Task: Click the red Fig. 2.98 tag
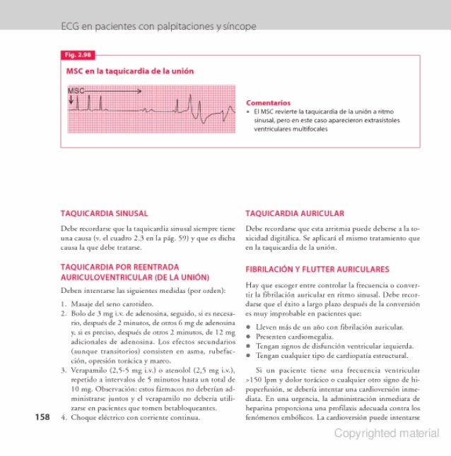click(x=78, y=55)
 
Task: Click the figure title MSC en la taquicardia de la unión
click(x=130, y=71)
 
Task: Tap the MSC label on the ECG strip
click(x=76, y=91)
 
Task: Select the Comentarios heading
click(x=268, y=102)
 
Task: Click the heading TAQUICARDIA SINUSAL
click(x=104, y=212)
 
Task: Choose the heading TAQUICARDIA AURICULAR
click(x=294, y=212)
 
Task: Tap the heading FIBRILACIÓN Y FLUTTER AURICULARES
click(x=317, y=269)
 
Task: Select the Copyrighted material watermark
click(x=387, y=433)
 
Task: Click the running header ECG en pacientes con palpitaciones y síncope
click(x=158, y=27)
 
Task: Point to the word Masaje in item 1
click(x=83, y=303)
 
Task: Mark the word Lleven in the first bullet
click(x=266, y=328)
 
